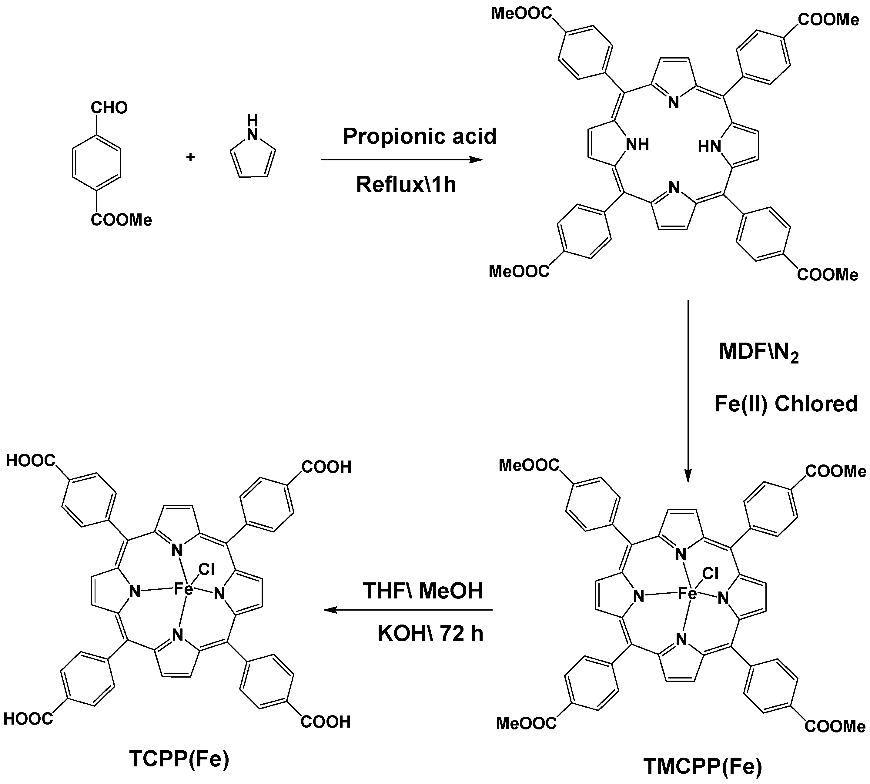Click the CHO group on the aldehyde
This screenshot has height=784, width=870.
[x=109, y=108]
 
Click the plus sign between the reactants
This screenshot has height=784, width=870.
[x=190, y=157]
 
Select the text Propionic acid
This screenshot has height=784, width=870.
[x=420, y=136]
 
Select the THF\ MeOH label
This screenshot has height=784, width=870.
[x=423, y=591]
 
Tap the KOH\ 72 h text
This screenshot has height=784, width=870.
[x=430, y=634]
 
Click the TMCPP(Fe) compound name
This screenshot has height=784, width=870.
[x=702, y=767]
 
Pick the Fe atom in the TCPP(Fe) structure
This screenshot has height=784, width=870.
[x=183, y=589]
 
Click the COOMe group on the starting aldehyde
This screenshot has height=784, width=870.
[x=121, y=220]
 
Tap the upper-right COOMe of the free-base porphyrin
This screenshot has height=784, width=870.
[x=828, y=20]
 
